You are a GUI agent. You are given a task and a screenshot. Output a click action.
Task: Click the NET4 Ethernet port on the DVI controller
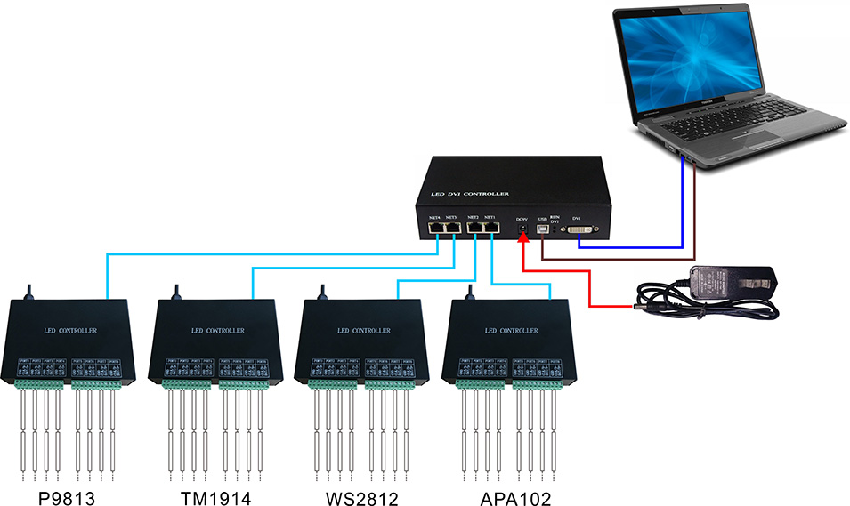435,229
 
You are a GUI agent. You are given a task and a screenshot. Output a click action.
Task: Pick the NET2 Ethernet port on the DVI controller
474,229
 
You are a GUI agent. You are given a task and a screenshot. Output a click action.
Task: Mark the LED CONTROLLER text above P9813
70,331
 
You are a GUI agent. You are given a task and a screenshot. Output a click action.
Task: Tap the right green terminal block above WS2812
390,384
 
